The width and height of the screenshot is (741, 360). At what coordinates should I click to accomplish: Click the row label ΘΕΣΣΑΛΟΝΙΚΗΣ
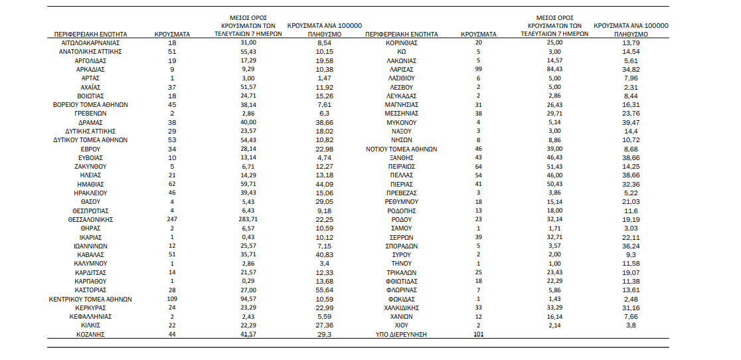coord(90,220)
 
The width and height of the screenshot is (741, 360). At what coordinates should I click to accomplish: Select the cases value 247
coord(172,220)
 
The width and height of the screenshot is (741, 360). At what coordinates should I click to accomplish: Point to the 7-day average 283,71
coord(248,220)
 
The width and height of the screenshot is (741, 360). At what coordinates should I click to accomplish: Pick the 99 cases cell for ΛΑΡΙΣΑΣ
coord(478,70)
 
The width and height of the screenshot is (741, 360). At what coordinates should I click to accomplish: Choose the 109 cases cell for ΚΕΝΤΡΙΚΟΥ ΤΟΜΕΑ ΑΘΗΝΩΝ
coord(172,299)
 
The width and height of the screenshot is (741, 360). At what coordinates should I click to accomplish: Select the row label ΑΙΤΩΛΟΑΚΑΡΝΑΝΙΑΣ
coord(90,43)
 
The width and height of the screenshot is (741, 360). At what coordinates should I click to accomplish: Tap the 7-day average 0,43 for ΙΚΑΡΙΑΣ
coord(248,237)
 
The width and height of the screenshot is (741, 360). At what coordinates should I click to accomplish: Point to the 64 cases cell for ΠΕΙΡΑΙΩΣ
coord(478,167)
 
